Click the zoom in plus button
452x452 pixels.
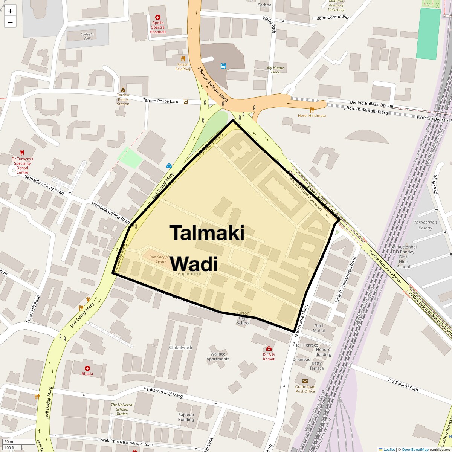point(10,11)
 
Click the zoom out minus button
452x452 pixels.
point(10,22)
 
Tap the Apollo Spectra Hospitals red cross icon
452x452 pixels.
point(158,17)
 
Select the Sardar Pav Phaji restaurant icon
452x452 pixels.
point(183,58)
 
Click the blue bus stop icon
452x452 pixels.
point(223,66)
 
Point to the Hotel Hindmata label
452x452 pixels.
point(312,115)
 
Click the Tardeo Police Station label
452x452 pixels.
point(123,99)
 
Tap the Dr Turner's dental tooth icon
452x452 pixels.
point(22,153)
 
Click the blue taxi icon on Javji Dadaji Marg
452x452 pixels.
point(169,165)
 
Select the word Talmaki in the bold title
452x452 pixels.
point(207,232)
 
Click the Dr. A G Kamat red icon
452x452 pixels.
point(269,348)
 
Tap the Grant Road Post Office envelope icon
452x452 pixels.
point(305,381)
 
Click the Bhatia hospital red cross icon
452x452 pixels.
point(87,368)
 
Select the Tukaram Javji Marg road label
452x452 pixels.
point(165,393)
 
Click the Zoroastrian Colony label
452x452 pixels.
point(425,225)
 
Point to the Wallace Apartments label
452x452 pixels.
point(218,356)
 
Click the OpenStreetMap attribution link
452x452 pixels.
point(415,449)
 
